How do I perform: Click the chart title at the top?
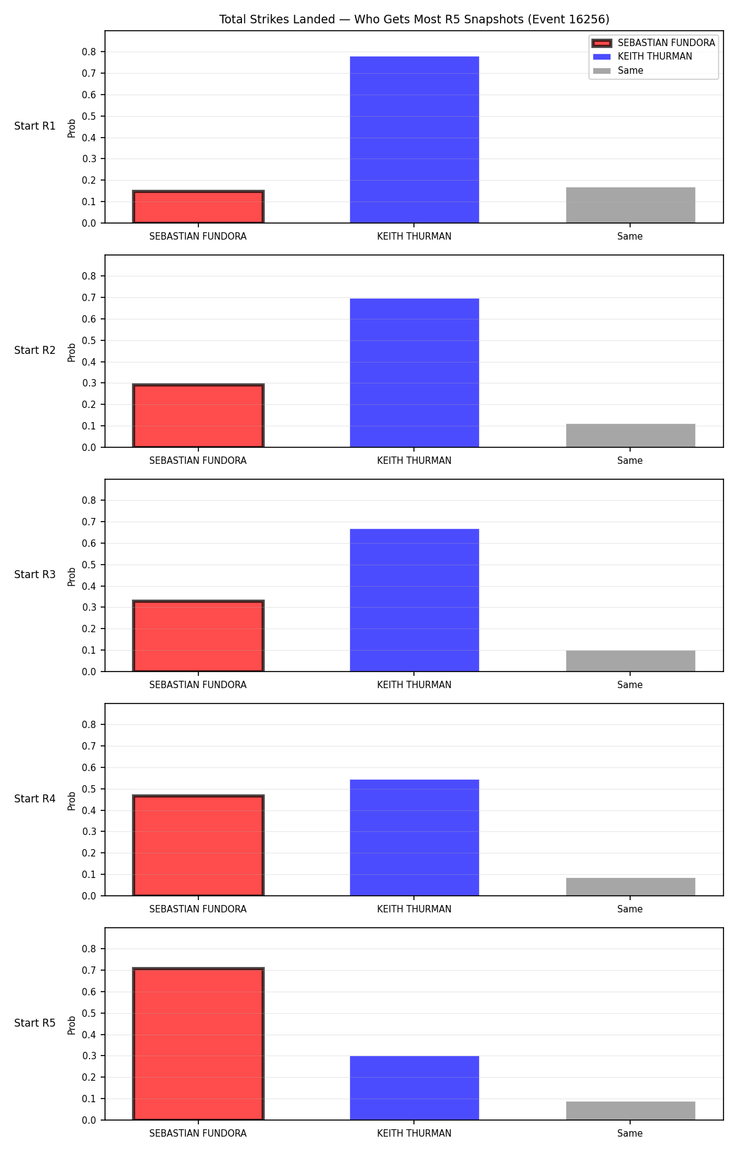pyautogui.click(x=414, y=20)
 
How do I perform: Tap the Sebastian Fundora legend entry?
pyautogui.click(x=654, y=43)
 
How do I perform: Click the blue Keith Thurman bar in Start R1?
pyautogui.click(x=414, y=139)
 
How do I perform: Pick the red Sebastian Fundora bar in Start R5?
pyautogui.click(x=198, y=1044)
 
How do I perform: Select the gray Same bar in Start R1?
pyautogui.click(x=630, y=205)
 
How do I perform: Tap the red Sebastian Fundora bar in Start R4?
pyautogui.click(x=198, y=845)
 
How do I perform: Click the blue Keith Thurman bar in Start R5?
pyautogui.click(x=414, y=1088)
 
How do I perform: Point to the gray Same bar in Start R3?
pyautogui.click(x=630, y=661)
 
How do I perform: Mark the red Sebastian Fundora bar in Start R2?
pyautogui.click(x=198, y=416)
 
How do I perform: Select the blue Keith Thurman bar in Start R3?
pyautogui.click(x=414, y=600)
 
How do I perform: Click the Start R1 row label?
pyautogui.click(x=35, y=126)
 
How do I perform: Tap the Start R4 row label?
pyautogui.click(x=35, y=799)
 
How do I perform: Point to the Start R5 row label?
pyautogui.click(x=35, y=1023)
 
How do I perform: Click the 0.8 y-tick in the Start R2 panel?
pyautogui.click(x=89, y=276)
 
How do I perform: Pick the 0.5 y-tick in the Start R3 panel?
pyautogui.click(x=89, y=565)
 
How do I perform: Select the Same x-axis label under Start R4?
pyautogui.click(x=630, y=909)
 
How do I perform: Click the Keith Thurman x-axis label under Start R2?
pyautogui.click(x=414, y=461)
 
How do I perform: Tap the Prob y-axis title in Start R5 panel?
pyautogui.click(x=72, y=1025)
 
